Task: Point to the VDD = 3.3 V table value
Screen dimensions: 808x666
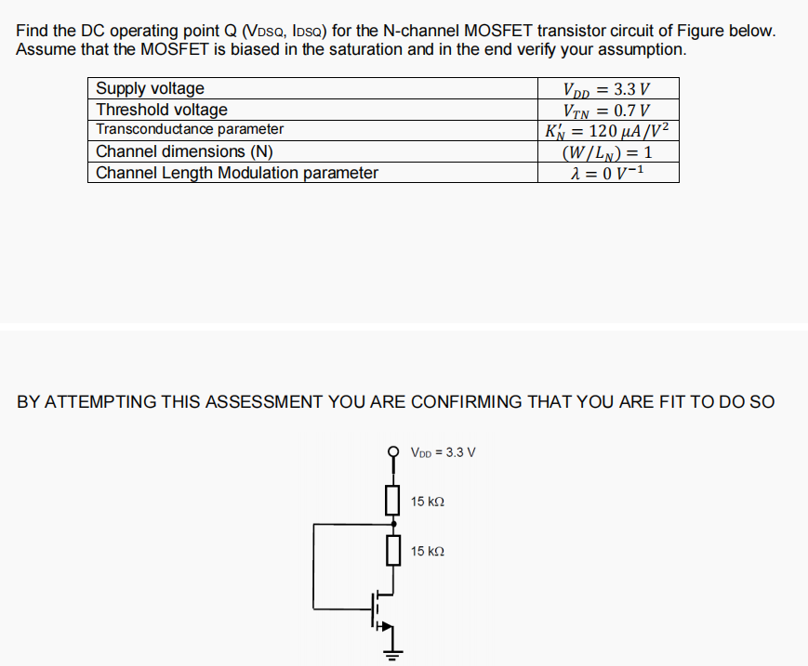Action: click(x=607, y=89)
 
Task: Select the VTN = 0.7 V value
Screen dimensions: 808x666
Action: click(x=607, y=110)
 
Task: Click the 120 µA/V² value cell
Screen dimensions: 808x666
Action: click(x=607, y=130)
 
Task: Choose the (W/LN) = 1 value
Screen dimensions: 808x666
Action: click(x=607, y=151)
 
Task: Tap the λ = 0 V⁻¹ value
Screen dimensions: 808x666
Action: click(x=607, y=173)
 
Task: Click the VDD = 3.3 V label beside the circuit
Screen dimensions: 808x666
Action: click(x=444, y=452)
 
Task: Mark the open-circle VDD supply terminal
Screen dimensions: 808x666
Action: click(x=392, y=452)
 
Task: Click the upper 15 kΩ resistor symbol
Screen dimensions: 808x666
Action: click(x=392, y=500)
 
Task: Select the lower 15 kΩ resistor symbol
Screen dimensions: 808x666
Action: click(x=392, y=550)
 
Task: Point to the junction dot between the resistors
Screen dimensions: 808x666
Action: click(x=392, y=525)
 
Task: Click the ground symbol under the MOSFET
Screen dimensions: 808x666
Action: click(x=392, y=654)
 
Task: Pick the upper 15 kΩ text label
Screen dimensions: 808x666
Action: click(x=428, y=502)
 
